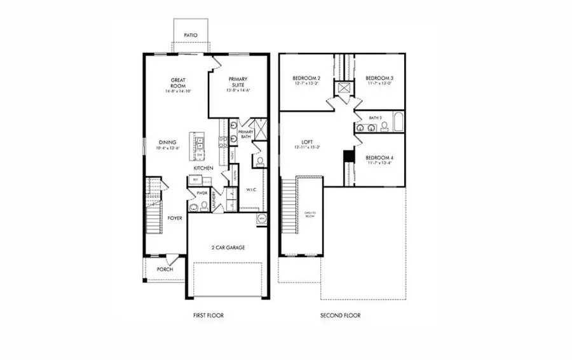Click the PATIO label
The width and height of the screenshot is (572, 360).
[191, 36]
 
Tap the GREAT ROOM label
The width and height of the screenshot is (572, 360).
[177, 83]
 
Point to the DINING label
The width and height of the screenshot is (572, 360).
[167, 142]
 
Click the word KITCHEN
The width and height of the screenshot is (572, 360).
[203, 167]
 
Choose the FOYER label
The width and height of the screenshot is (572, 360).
[175, 218]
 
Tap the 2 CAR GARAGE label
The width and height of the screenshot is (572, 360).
[228, 247]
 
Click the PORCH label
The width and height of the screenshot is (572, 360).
[165, 269]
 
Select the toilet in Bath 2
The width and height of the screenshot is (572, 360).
[384, 127]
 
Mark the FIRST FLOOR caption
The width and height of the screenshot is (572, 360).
[208, 315]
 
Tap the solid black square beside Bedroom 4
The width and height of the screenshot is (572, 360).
[348, 156]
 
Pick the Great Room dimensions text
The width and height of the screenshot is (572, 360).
[177, 92]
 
